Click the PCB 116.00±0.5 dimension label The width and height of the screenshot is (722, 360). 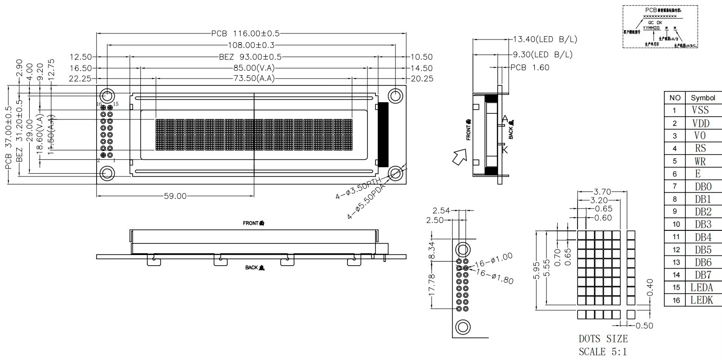coord(245,33)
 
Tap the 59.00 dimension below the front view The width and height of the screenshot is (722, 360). coord(175,196)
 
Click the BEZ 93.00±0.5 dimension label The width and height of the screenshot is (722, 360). coord(250,57)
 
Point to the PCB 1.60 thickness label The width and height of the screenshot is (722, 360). coord(530,67)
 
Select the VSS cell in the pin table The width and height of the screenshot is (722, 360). coord(700,110)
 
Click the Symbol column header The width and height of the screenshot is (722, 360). coord(703,98)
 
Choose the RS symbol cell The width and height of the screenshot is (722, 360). coord(700,148)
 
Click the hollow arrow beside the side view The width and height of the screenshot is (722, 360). coord(460,157)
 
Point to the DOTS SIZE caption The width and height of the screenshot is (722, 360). coord(603,339)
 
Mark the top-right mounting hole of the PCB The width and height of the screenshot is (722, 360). coord(395,95)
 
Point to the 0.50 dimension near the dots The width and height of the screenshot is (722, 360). coord(644,325)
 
